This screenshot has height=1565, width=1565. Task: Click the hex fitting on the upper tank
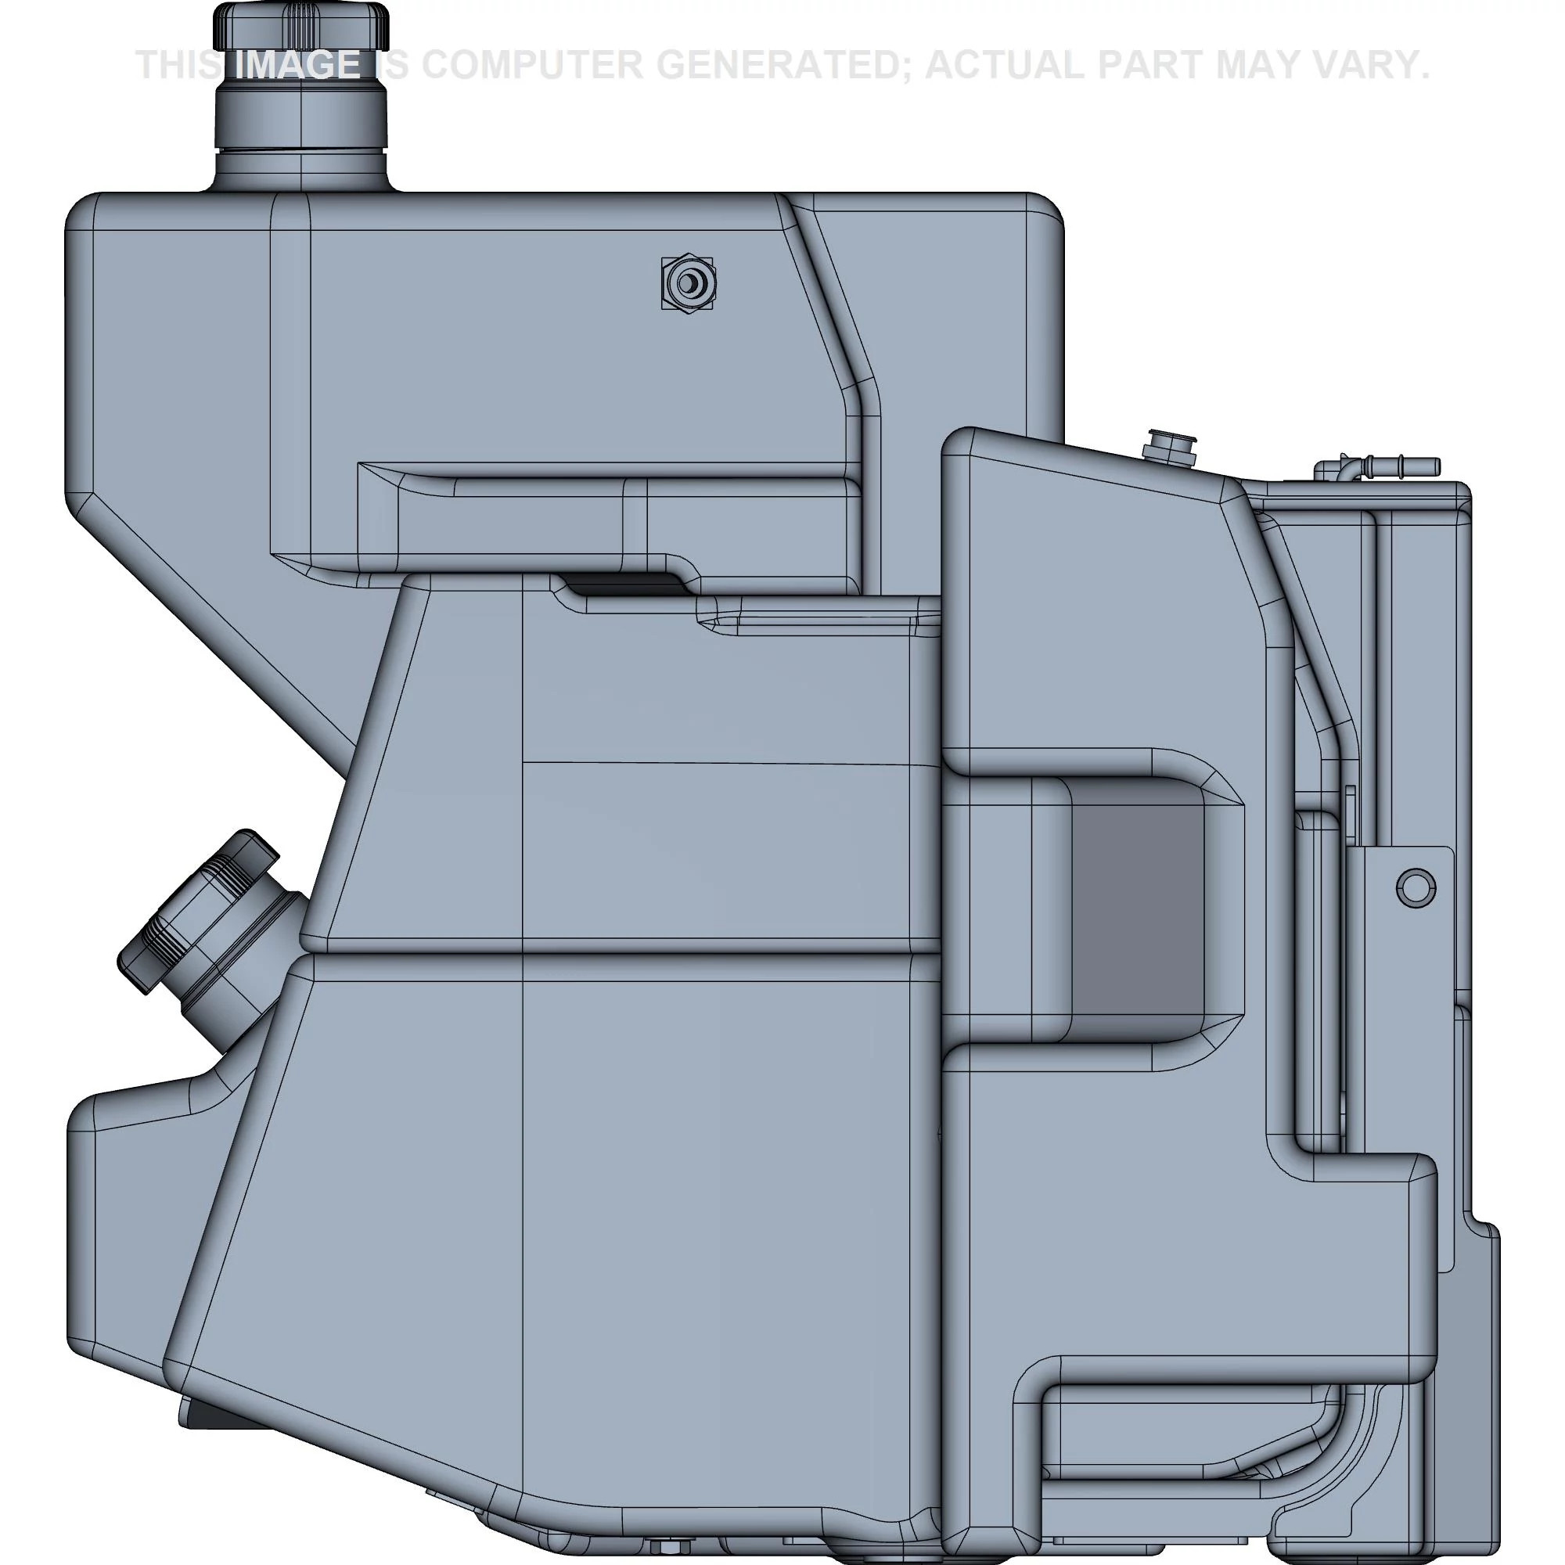688,284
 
